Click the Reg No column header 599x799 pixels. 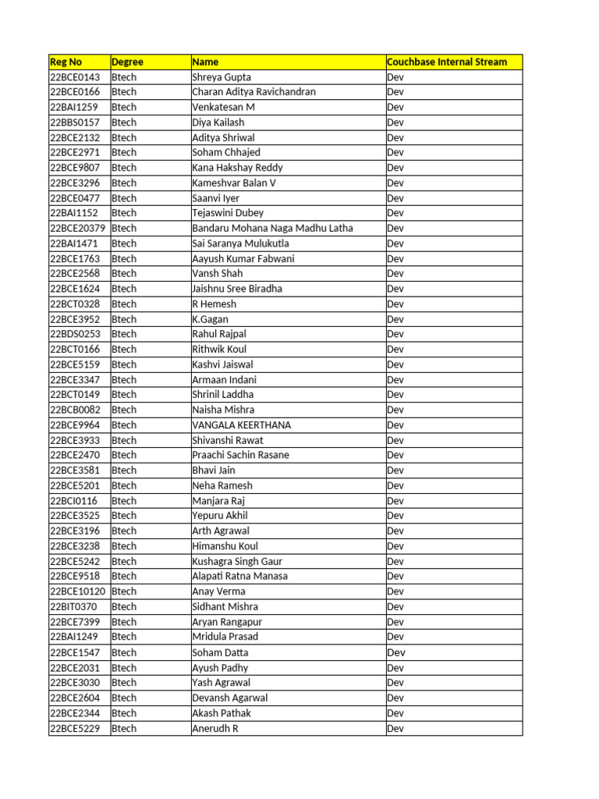(x=66, y=62)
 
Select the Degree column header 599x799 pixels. (x=127, y=62)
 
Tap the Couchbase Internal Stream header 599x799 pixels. (x=447, y=62)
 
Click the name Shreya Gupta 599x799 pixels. (x=222, y=77)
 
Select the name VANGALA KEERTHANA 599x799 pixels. (x=241, y=425)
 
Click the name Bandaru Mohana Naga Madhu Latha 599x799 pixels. (x=272, y=228)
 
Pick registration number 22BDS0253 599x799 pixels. (x=75, y=334)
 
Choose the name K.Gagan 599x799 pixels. (x=210, y=319)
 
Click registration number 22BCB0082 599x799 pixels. (x=75, y=410)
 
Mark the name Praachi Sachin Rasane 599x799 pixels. (x=240, y=455)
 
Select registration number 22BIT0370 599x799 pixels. (x=73, y=606)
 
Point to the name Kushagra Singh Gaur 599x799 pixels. (x=237, y=561)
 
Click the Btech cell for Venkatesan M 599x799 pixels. (x=124, y=107)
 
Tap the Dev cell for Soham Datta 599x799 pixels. (x=396, y=652)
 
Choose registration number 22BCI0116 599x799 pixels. (x=73, y=501)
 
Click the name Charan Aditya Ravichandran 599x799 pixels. (x=253, y=92)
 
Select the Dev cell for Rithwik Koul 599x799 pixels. (x=395, y=350)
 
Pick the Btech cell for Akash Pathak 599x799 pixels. (x=124, y=713)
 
